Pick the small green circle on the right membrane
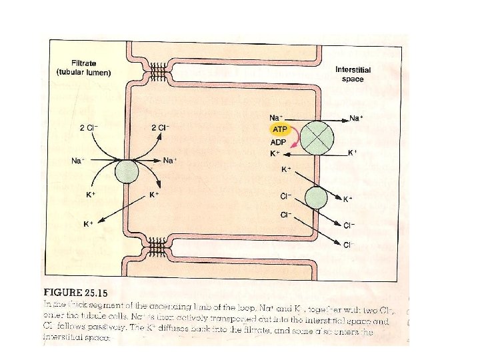(x=316, y=198)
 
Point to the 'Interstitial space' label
(x=353, y=74)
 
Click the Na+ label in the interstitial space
(x=357, y=119)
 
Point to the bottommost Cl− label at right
(x=349, y=245)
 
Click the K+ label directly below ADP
(x=275, y=153)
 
